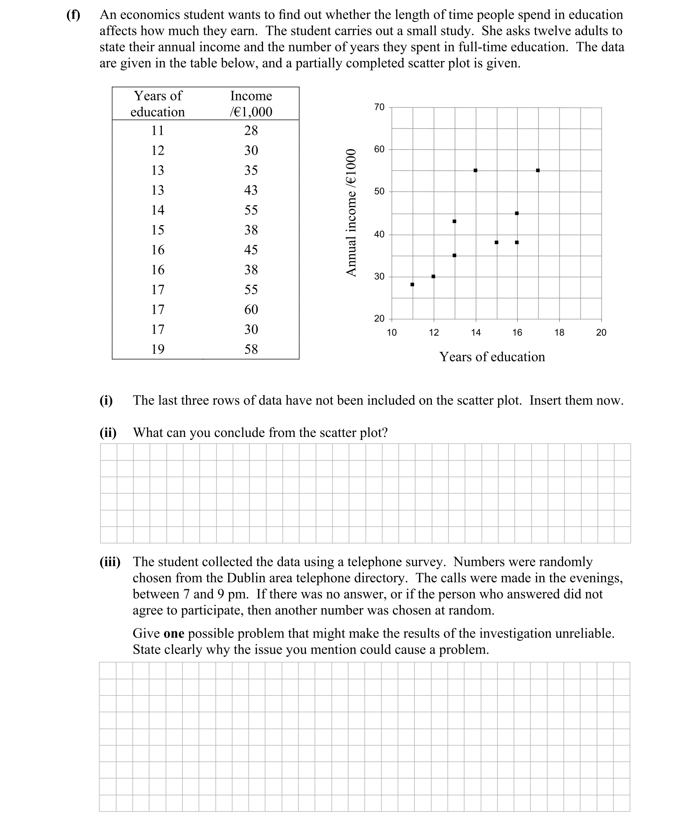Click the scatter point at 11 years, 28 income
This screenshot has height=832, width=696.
click(x=412, y=284)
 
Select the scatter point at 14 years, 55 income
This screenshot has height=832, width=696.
click(x=475, y=170)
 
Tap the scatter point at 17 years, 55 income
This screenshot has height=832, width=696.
click(x=538, y=170)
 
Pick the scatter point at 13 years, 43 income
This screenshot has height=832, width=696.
click(x=454, y=221)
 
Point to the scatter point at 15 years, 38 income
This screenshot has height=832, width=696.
click(x=497, y=242)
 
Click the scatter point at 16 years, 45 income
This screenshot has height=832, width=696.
click(x=516, y=213)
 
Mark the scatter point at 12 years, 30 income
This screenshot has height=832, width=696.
click(x=433, y=276)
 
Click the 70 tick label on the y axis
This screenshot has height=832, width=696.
click(x=379, y=107)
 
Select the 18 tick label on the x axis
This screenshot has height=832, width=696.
click(x=559, y=333)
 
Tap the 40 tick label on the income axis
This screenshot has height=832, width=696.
click(x=379, y=234)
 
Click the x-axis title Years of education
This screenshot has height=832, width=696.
click(x=492, y=357)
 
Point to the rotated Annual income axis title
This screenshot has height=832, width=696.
click(x=351, y=212)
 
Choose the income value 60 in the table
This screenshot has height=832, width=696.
click(x=251, y=309)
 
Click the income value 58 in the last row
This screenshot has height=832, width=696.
click(x=251, y=349)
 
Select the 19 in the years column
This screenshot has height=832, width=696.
click(x=158, y=349)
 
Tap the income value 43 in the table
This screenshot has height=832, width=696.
click(x=251, y=190)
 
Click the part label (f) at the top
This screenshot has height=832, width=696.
click(x=73, y=15)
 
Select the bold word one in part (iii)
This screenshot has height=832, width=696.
click(x=173, y=634)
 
